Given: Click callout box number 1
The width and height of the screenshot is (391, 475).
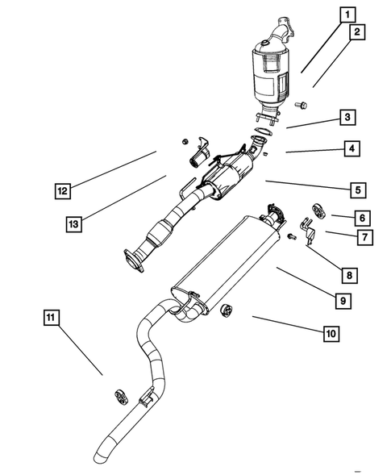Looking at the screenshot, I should [347, 14].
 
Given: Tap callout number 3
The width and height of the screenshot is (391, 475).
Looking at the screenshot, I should [347, 118].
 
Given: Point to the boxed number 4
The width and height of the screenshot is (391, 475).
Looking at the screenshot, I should [351, 148].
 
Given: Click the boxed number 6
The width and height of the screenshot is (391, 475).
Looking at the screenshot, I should [362, 217].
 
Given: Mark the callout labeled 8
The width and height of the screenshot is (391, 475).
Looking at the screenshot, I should [347, 275].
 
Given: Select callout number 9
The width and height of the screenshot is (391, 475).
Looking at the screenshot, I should [343, 300].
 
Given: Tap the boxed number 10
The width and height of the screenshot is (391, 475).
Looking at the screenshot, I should [331, 332].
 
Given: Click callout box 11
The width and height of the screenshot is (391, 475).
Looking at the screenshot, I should [51, 319].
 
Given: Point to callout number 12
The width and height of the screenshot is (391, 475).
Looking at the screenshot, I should [62, 191].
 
